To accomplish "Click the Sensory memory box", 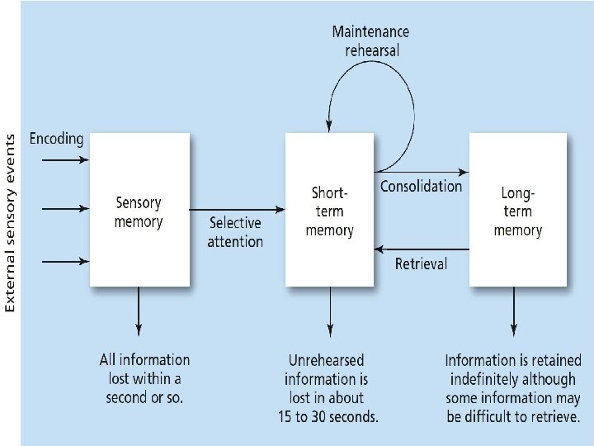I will click(x=139, y=211).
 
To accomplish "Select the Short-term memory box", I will click(x=329, y=211).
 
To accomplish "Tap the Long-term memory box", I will click(x=518, y=211).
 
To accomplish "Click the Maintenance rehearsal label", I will click(x=370, y=40).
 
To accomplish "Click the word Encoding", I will click(x=57, y=139).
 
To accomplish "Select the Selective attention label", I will click(x=235, y=232).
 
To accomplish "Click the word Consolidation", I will click(x=421, y=187).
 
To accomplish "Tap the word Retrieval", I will click(x=421, y=264).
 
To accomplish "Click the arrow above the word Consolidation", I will click(x=421, y=172).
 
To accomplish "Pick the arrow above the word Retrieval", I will click(x=421, y=247).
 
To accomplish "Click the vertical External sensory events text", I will click(x=11, y=223).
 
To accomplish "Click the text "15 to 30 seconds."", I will click(x=328, y=417).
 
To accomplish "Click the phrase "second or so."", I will click(x=145, y=397).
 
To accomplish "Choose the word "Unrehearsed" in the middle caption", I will click(x=327, y=361).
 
